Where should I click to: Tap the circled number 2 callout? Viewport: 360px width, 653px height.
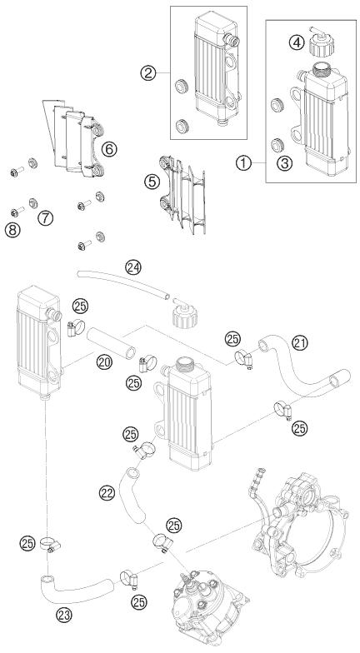[150, 74]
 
